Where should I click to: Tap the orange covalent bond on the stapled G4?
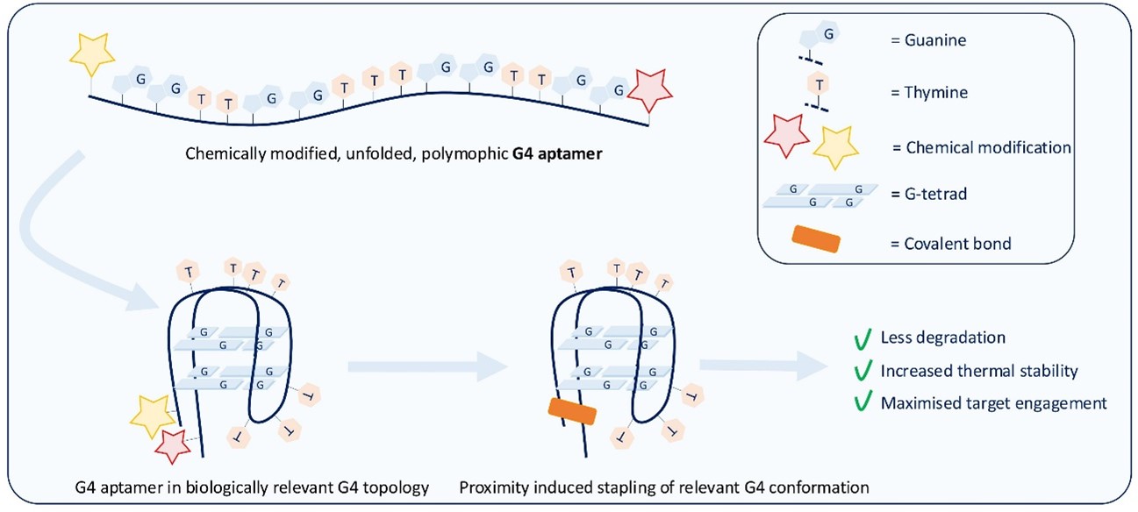572,410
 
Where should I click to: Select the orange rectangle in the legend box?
815,241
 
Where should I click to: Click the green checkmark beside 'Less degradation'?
862,338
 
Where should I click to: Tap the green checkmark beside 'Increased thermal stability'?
862,371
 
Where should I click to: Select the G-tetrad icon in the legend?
813,196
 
